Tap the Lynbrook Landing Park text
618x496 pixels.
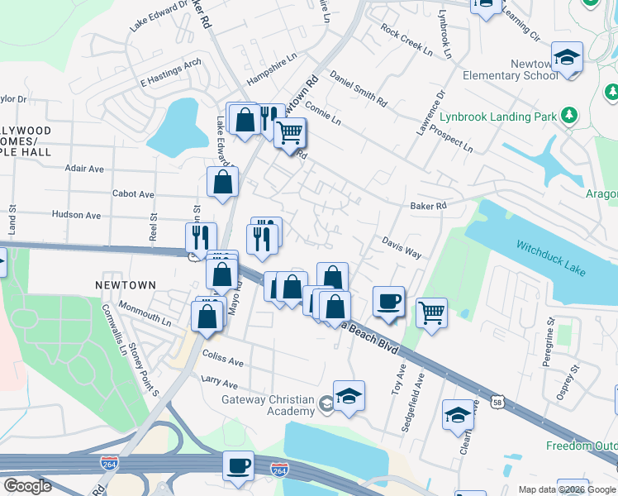498,117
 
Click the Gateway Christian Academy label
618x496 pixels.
268,400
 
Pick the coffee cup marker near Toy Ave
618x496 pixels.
388,300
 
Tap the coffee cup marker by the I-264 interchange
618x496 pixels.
238,465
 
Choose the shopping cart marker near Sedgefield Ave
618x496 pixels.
431,312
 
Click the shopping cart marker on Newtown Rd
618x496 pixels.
288,132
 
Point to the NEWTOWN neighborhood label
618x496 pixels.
125,285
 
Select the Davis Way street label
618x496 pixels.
402,246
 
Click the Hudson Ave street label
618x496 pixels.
76,215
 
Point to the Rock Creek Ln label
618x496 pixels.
406,40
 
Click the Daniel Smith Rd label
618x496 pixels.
358,89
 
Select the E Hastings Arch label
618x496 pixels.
171,74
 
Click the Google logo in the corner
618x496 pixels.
27,486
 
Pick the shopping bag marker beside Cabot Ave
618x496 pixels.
222,182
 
